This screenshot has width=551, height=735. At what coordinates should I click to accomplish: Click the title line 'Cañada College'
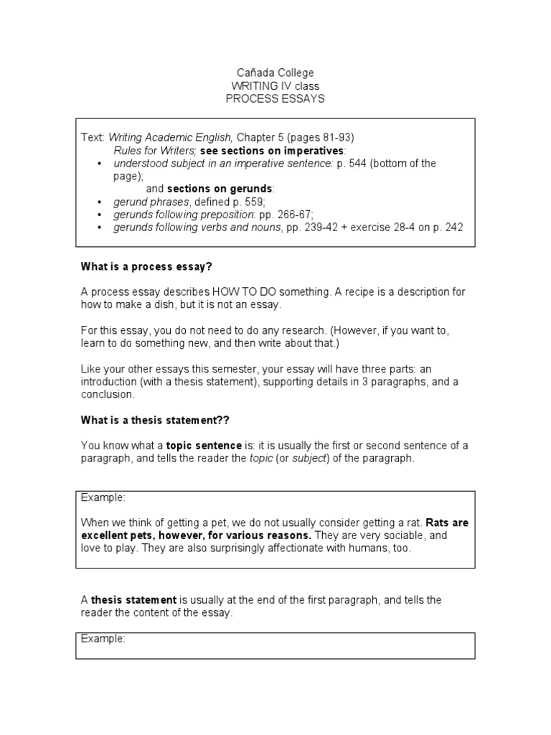(275, 73)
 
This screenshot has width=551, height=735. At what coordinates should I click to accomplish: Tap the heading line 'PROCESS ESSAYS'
(275, 98)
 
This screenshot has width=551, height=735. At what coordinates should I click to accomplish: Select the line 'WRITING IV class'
(275, 86)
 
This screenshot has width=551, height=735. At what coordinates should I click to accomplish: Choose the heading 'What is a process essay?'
(147, 266)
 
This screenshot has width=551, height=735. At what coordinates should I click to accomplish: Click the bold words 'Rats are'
(448, 523)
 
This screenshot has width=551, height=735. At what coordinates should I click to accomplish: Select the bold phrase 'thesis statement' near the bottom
(133, 600)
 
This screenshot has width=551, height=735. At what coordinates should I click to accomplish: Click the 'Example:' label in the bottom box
(103, 638)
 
